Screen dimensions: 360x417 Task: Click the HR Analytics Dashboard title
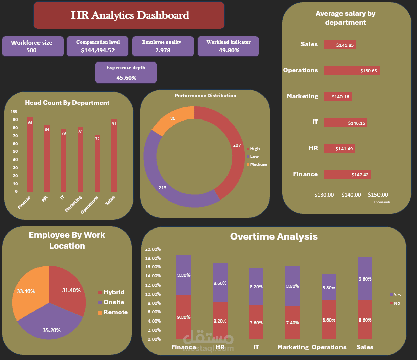pos(130,15)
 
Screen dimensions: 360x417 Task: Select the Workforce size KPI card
pos(31,46)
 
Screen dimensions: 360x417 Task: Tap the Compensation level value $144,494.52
pos(98,50)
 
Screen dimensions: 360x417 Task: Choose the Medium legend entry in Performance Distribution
pos(258,164)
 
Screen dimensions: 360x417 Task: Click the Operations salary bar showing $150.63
pos(351,71)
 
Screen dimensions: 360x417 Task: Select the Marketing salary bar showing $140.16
pos(337,97)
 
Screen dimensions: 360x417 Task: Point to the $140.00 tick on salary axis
pos(351,195)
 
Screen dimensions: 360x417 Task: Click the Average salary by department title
pos(345,18)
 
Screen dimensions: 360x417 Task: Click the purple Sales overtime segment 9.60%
pos(365,278)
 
